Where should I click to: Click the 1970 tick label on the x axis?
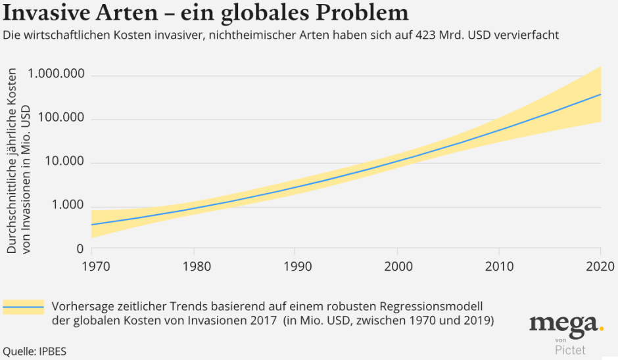tap(91, 267)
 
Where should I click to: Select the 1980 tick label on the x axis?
tap(193, 267)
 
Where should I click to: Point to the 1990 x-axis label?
tap(294, 267)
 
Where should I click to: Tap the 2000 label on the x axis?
tap(397, 267)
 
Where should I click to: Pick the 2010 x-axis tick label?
tap(499, 267)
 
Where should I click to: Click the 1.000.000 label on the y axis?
tap(56, 74)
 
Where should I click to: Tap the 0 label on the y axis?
tap(80, 249)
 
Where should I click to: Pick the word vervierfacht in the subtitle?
tap(527, 35)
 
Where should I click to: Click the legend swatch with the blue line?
tap(23, 307)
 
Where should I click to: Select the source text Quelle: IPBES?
tap(34, 351)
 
